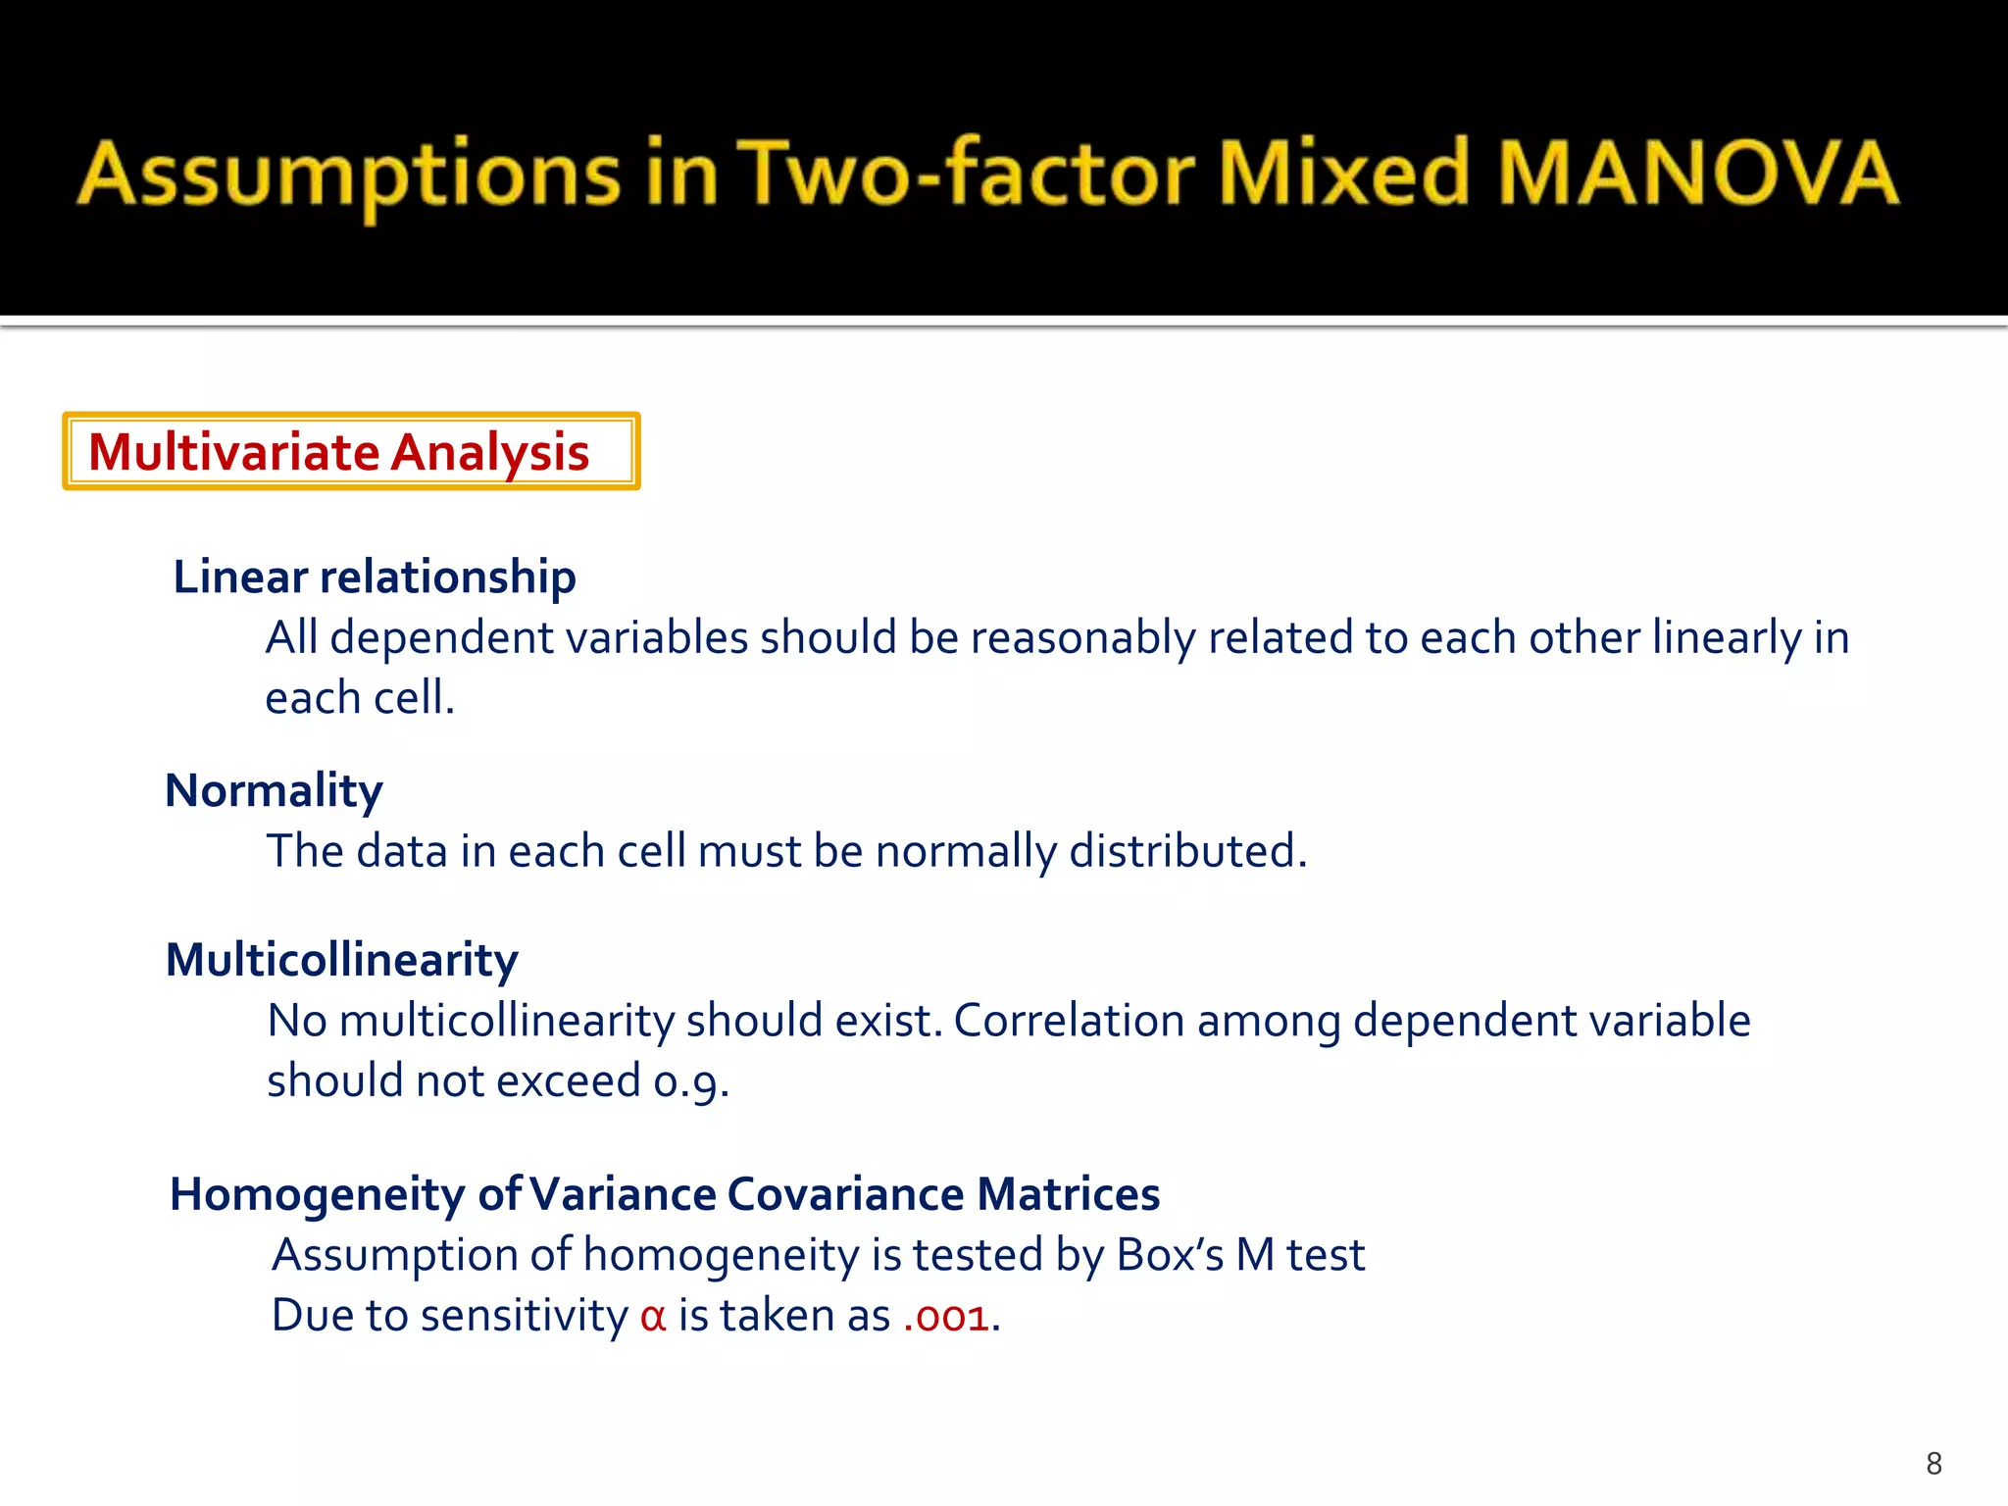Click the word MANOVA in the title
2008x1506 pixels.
coord(1698,174)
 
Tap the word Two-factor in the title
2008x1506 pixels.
coord(965,174)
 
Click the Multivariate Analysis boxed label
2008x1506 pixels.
coord(350,451)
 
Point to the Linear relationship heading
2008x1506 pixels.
coord(374,577)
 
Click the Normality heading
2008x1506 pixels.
coord(274,790)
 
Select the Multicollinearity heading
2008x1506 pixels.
coord(341,960)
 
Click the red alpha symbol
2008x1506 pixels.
coord(653,1317)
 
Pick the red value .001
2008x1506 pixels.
coord(945,1317)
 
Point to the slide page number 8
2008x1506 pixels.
coord(1933,1464)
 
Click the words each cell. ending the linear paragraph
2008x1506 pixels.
coord(360,698)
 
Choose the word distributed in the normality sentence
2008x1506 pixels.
coord(1185,851)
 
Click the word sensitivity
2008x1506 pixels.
coord(524,1317)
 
